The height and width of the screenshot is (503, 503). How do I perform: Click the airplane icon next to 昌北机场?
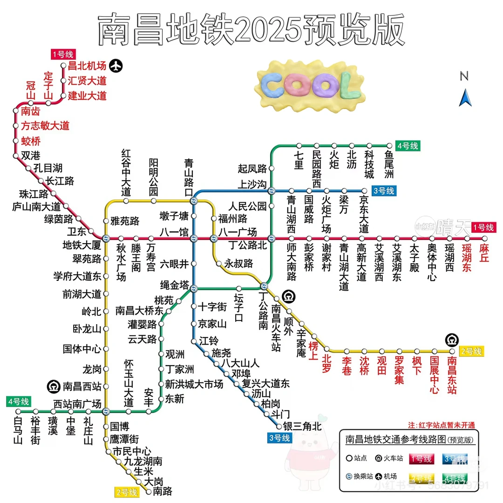(x=116, y=66)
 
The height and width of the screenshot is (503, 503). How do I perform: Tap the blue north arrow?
(x=464, y=98)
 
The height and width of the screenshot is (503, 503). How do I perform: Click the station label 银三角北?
(x=302, y=426)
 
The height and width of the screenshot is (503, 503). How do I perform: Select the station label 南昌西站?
(x=82, y=386)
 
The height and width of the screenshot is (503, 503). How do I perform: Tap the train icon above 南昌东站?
(x=451, y=339)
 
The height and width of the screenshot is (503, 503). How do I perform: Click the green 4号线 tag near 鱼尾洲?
(x=408, y=146)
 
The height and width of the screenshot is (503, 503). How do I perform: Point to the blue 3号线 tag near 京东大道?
(x=383, y=190)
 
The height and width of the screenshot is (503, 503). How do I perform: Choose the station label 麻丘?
(x=484, y=253)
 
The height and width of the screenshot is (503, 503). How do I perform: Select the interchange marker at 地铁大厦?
(x=106, y=238)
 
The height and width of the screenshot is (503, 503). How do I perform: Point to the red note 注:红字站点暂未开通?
(x=441, y=425)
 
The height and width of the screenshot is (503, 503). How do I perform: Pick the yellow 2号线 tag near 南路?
(x=127, y=492)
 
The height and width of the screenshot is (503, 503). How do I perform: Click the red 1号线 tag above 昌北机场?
(x=62, y=54)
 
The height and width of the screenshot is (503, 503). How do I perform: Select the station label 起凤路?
(x=252, y=169)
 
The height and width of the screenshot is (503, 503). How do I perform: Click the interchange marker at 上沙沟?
(x=272, y=190)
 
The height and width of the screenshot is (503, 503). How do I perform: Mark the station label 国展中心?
(x=434, y=375)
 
